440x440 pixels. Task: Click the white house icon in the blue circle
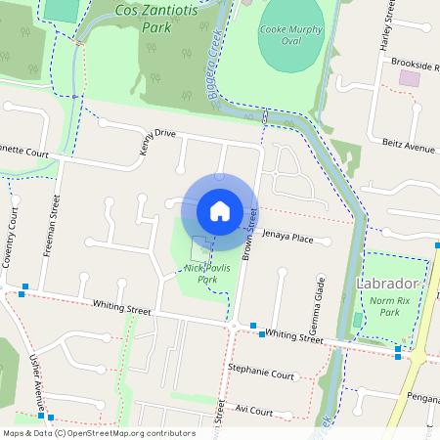tap(219, 210)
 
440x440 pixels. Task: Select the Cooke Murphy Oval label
tap(290, 36)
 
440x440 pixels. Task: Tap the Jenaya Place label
tap(287, 237)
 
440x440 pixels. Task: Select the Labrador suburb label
tap(389, 284)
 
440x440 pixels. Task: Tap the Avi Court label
tap(253, 412)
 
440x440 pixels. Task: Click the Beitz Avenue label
tap(408, 147)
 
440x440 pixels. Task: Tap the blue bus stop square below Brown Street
tap(253, 325)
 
